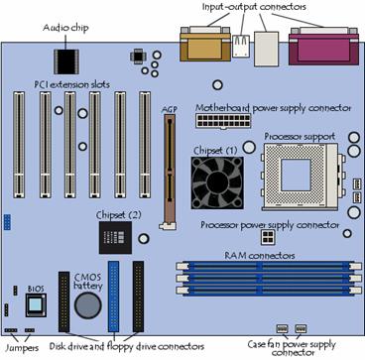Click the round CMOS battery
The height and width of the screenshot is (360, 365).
pyautogui.click(x=86, y=305)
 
